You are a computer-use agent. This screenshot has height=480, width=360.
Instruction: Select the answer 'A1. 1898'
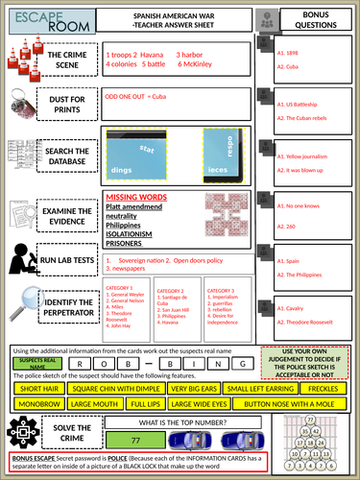(290, 56)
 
